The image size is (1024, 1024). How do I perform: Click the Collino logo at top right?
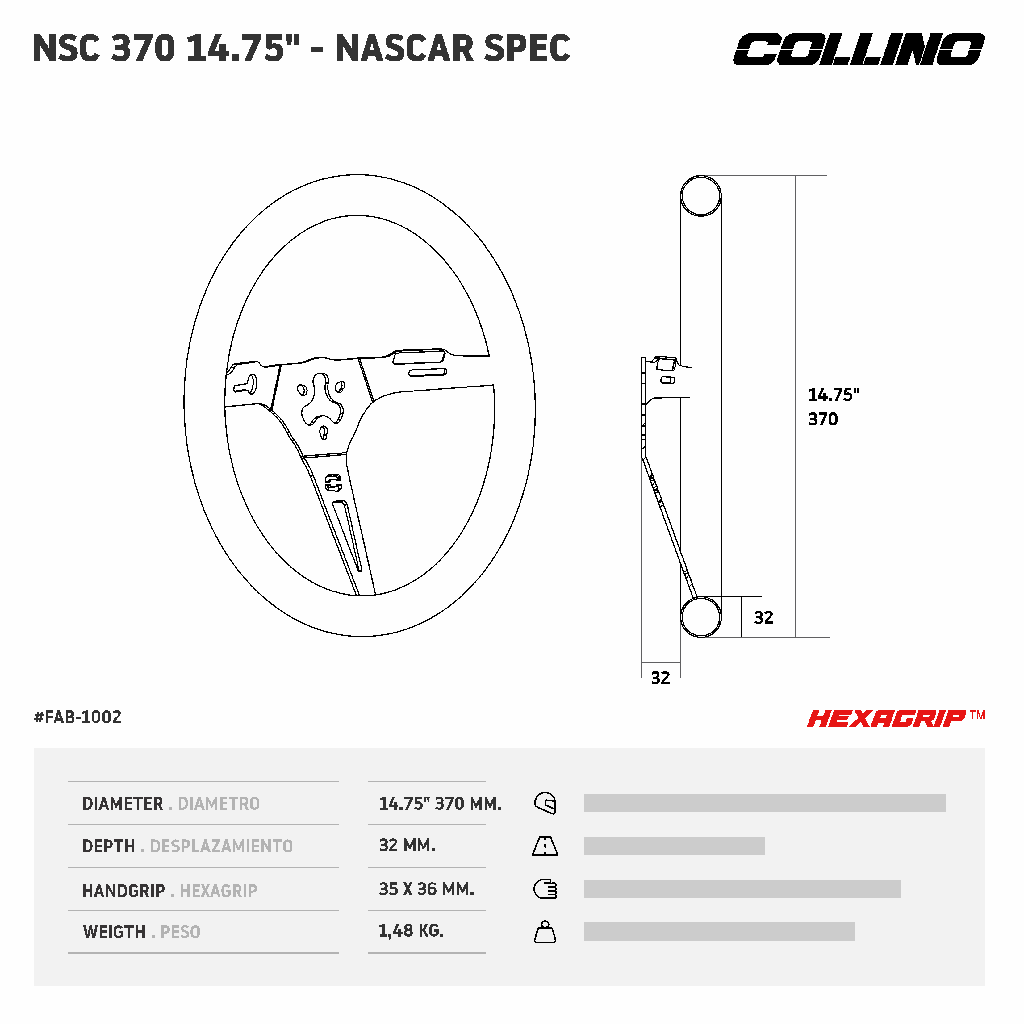point(858,49)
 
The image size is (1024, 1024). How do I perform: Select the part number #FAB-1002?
point(78,717)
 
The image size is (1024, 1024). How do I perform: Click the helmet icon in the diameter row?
point(545,803)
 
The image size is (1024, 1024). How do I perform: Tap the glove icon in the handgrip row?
point(545,889)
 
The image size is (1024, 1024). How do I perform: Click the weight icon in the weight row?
point(545,932)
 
